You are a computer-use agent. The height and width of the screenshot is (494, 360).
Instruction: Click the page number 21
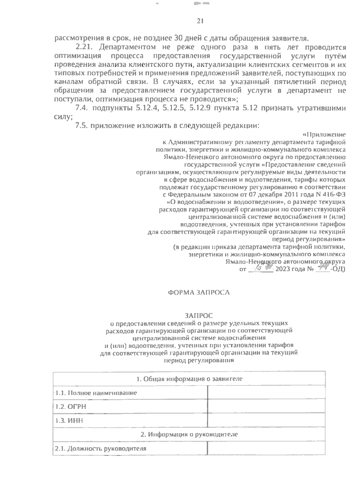tap(200, 21)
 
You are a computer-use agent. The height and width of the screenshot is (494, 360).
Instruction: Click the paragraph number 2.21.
tap(85, 47)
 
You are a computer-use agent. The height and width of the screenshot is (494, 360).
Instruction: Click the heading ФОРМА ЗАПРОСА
tap(199, 292)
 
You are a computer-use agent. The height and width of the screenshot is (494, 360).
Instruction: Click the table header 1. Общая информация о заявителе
tap(189, 379)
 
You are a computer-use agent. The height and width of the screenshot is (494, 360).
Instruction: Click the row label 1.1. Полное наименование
tap(96, 393)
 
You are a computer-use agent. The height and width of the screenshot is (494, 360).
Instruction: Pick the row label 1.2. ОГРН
tap(71, 406)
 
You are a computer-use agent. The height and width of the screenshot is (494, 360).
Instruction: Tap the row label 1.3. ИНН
tap(69, 421)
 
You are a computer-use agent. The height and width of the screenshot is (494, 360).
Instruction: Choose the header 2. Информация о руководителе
tap(189, 434)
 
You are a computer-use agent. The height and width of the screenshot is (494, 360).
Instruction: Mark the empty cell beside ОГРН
tap(266, 406)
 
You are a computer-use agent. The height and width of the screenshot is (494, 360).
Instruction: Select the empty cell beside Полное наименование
tap(266, 393)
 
